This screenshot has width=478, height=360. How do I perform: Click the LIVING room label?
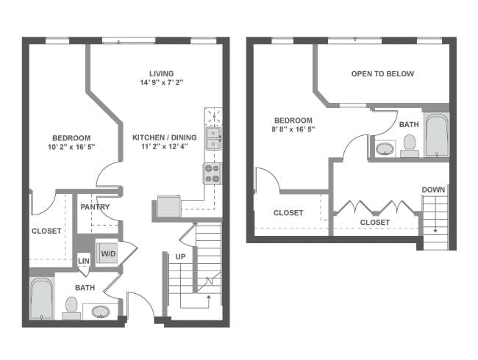point(161,73)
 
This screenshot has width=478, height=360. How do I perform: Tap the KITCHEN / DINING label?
point(160,137)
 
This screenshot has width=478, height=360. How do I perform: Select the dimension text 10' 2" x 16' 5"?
point(71,148)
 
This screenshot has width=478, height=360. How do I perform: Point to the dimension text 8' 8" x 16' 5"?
point(293,130)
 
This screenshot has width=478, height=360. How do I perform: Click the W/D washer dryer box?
point(108,253)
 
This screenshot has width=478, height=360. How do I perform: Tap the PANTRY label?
point(95,207)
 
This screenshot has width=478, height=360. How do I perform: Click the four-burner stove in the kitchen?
point(213,173)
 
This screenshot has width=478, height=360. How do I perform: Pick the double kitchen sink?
point(213,137)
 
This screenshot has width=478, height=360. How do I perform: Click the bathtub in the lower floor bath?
point(41,299)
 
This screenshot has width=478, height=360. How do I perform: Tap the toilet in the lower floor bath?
point(71,305)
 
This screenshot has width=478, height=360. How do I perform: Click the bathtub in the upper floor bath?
point(436,135)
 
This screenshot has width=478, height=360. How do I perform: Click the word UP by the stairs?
point(180,257)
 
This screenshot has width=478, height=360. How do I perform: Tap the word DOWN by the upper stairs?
point(433,190)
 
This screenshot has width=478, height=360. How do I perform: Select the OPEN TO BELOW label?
point(382,73)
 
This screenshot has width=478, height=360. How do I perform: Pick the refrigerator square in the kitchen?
point(168,206)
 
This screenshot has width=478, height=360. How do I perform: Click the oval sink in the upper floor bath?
point(385,149)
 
